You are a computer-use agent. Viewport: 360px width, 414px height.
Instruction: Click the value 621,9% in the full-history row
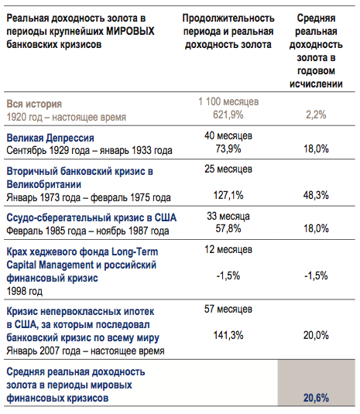click(228, 115)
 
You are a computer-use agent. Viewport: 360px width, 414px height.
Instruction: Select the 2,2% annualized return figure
click(316, 115)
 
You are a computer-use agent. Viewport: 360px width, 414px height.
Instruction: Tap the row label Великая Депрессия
click(50, 138)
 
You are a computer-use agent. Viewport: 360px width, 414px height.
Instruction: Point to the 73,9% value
click(228, 149)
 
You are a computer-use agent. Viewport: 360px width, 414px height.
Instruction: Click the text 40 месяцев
click(228, 135)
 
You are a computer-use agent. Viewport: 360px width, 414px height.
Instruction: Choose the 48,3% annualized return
click(316, 195)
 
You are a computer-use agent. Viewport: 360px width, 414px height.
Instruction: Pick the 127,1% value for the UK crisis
click(228, 195)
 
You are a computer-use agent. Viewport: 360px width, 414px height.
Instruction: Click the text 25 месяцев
click(228, 169)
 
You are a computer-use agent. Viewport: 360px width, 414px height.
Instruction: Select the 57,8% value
click(228, 228)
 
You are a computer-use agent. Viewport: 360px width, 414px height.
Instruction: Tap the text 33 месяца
click(228, 216)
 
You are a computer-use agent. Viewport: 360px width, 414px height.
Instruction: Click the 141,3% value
click(228, 335)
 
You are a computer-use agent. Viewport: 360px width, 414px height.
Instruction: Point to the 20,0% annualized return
click(316, 335)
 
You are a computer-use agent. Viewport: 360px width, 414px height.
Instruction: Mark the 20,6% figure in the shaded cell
click(316, 398)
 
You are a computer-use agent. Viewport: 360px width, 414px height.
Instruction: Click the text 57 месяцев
click(228, 309)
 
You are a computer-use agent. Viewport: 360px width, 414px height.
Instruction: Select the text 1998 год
click(24, 291)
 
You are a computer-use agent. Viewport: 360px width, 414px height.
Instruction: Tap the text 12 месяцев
click(228, 249)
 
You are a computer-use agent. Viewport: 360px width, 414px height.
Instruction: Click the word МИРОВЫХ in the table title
click(130, 31)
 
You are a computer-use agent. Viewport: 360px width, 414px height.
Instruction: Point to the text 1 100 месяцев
click(228, 101)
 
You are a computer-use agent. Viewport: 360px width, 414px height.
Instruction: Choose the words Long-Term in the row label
click(135, 251)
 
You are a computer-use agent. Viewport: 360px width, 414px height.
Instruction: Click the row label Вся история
click(34, 104)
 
